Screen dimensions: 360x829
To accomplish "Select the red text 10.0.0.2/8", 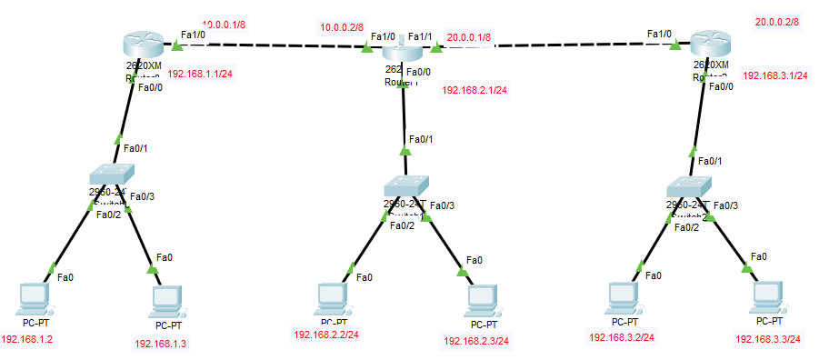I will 342,28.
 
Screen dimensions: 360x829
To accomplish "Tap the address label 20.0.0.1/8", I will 469,38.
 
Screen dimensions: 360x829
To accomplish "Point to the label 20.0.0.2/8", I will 777,21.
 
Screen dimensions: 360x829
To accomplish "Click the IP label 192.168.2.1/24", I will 474,90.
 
